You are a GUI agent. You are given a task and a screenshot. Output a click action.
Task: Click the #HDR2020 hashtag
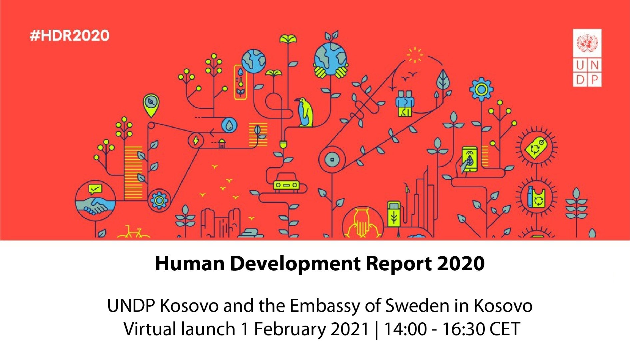coord(69,35)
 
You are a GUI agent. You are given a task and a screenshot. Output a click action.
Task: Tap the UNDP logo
coord(587,58)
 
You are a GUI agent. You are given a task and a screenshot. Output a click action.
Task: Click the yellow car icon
coord(286,183)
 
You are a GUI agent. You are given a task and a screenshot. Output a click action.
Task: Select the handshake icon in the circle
coord(95,200)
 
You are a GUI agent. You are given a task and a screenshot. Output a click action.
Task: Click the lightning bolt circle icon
coord(196,140)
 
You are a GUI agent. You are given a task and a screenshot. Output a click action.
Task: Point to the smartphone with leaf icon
coord(469,160)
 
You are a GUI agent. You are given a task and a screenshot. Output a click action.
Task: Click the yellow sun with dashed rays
coord(415,55)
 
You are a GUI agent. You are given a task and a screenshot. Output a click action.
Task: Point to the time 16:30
coord(463,329)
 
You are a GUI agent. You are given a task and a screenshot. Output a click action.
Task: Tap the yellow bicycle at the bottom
coord(134,232)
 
